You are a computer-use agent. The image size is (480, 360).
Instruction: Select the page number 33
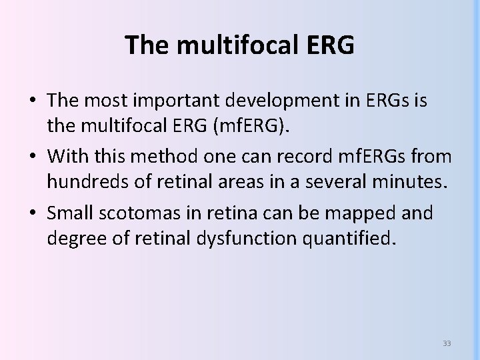click(x=447, y=343)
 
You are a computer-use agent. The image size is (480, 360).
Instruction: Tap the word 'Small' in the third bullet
click(x=69, y=213)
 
